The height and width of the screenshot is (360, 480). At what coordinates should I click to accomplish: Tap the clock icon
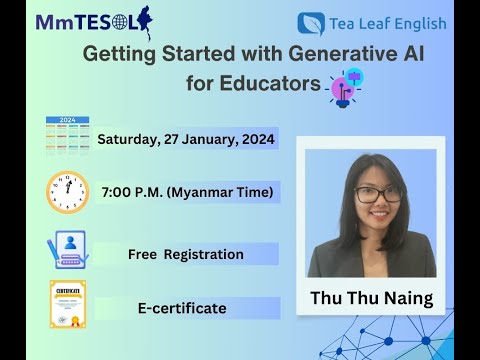coord(67,191)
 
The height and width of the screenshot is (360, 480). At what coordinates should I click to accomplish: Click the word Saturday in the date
coord(127,138)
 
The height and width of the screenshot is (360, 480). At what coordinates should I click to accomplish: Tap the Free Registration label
coord(185,254)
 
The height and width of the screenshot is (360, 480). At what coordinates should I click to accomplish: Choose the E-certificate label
coord(182,309)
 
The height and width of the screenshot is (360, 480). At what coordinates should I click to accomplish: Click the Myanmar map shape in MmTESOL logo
coord(144,20)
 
